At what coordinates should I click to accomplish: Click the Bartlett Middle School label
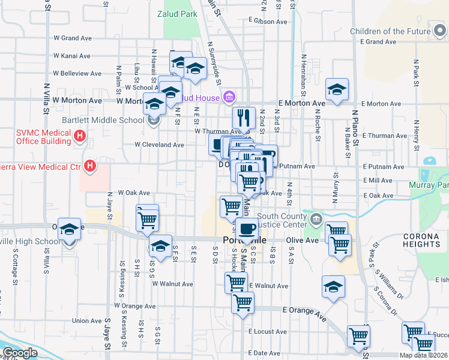(x=110, y=120)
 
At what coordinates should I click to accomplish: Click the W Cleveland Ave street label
(x=159, y=145)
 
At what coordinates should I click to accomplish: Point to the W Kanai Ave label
(x=72, y=56)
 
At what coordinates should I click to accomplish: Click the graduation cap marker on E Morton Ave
(x=337, y=89)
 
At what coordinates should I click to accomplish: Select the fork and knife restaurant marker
(x=244, y=118)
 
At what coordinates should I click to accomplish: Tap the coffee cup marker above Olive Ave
(x=246, y=228)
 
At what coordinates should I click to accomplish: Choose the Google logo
(x=19, y=353)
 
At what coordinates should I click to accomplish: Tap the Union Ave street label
(x=87, y=321)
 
